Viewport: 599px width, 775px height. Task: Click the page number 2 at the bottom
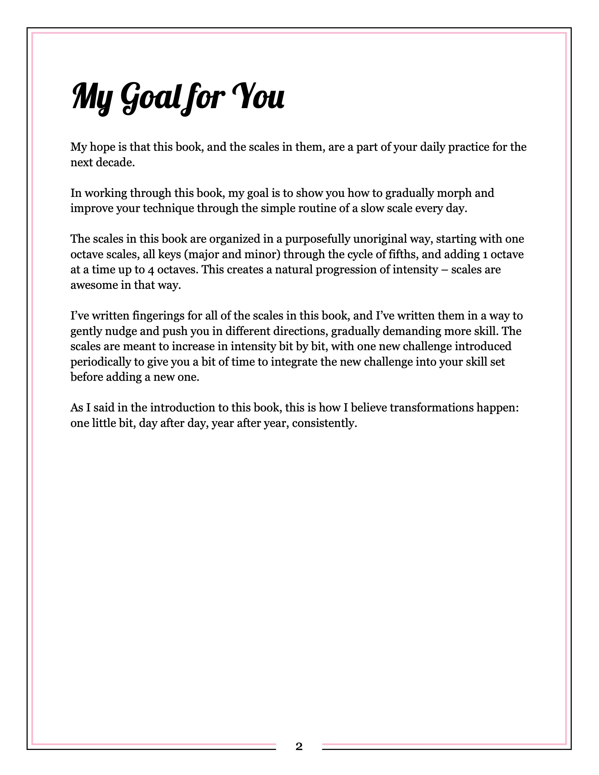point(299,746)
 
